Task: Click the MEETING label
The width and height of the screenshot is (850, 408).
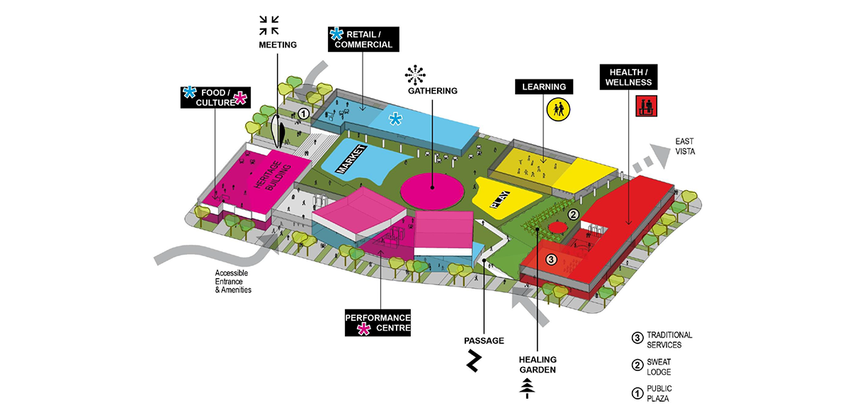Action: coord(277,45)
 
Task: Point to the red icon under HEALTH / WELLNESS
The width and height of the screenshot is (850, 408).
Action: coord(645,107)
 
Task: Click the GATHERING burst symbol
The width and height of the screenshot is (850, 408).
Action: coord(414,73)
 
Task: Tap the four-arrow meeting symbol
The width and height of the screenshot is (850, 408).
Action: coord(268,25)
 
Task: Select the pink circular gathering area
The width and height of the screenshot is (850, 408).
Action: coord(433,189)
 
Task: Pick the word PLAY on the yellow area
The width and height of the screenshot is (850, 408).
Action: coord(500,196)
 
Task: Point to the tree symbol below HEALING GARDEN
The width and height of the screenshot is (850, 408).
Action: coord(526,387)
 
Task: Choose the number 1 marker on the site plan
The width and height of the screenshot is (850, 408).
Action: coord(303,113)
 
